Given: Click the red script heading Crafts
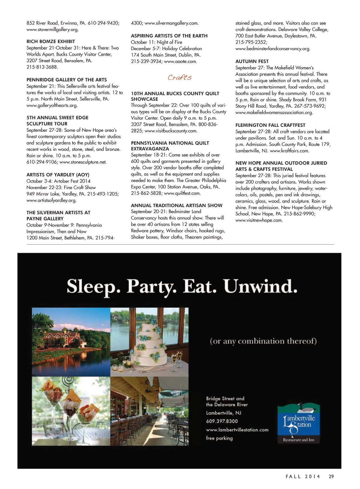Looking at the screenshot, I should (179, 77).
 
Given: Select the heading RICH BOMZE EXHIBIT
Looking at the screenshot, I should (51, 41).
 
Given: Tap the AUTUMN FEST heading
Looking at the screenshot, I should (252, 61).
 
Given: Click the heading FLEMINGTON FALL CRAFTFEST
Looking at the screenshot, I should (270, 125).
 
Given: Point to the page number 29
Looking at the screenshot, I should (331, 476).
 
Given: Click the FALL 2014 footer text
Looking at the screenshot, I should (302, 476).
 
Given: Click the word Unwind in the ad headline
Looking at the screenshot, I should (260, 286).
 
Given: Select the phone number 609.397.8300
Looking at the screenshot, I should (222, 421).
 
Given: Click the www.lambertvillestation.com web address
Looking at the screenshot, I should (237, 430).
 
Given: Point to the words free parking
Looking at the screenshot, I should (219, 438).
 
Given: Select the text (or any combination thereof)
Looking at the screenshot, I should (263, 341).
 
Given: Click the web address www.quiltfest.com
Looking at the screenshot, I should (182, 193).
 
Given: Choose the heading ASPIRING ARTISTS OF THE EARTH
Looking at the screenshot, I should (169, 36).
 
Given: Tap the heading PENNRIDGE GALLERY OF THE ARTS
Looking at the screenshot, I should (67, 80).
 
